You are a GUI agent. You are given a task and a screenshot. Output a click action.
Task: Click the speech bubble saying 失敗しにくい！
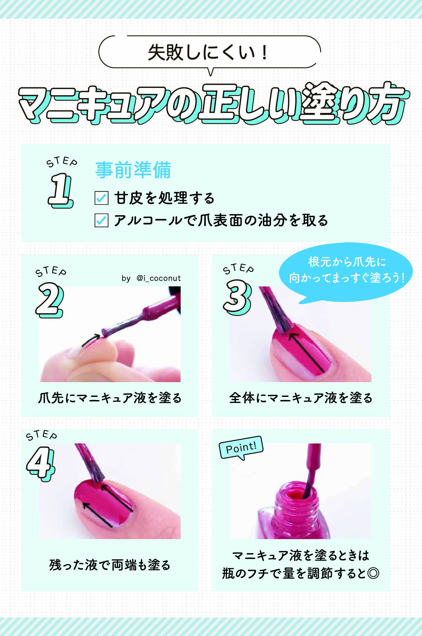coord(209,53)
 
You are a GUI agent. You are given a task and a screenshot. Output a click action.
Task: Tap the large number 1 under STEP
coord(60,190)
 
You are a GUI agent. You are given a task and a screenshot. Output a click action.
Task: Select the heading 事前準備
coord(133,170)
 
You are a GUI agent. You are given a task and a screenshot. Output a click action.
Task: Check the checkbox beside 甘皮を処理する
coord(101,198)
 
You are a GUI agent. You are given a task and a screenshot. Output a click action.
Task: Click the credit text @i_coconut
coord(159,278)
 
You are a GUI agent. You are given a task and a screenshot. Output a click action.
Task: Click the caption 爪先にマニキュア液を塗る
coord(110,398)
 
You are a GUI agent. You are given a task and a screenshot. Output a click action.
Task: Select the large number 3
coord(237,297)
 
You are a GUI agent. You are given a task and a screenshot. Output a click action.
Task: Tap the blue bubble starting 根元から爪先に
coord(346,270)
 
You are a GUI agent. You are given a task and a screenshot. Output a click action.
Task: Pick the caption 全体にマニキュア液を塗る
coord(301,398)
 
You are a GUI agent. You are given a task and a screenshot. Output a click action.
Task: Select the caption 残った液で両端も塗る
coord(110,565)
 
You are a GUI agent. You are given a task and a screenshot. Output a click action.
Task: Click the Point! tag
coord(241,448)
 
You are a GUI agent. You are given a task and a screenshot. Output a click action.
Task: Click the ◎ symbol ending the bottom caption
coord(373,573)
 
